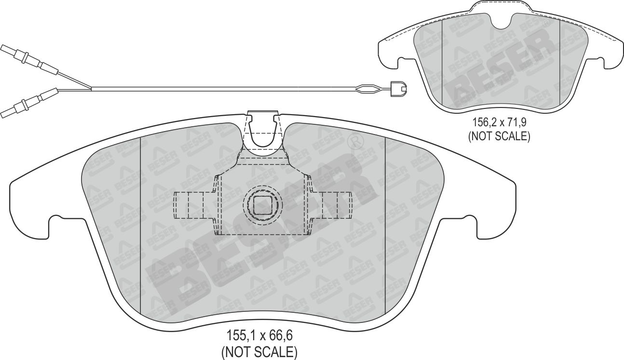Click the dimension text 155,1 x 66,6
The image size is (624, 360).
(259, 336)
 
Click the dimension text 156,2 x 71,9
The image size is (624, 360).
(498, 122)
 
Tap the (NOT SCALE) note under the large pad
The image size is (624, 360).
(259, 352)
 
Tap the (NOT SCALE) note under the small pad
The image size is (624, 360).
(499, 136)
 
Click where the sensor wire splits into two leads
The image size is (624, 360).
(91, 88)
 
